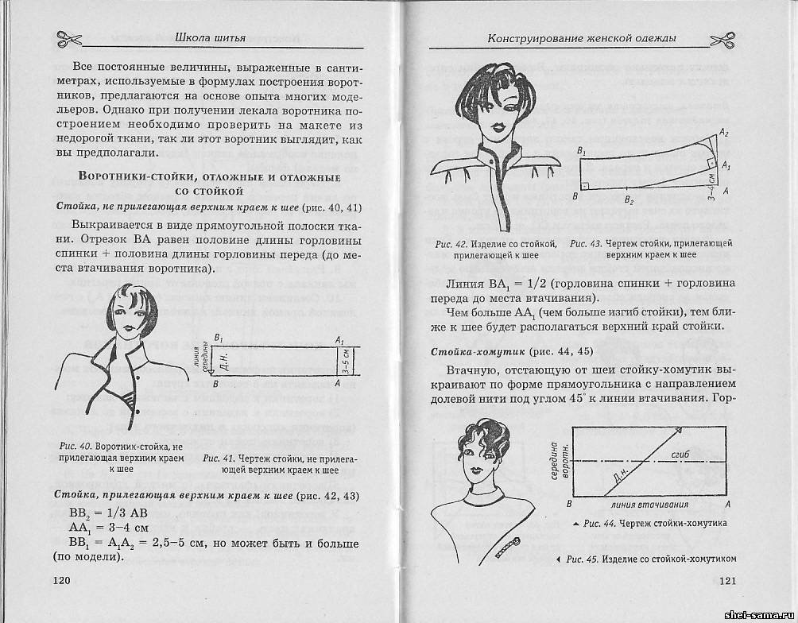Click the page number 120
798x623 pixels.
(64, 581)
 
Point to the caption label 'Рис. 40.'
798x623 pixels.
(75, 447)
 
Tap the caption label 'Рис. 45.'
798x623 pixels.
(586, 558)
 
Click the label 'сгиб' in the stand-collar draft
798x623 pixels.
(680, 451)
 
